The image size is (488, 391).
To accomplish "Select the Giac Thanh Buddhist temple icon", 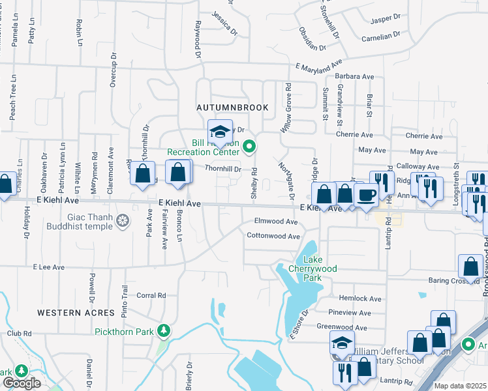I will pyautogui.click(x=122, y=222).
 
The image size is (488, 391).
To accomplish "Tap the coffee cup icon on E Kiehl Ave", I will pyautogui.click(x=366, y=194).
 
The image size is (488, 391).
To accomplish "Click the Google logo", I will pyautogui.click(x=22, y=383).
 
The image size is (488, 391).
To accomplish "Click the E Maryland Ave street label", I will pyautogui.click(x=318, y=66).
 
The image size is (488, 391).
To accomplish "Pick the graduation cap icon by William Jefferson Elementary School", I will pyautogui.click(x=342, y=342).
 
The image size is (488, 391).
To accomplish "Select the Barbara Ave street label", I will pyautogui.click(x=355, y=77).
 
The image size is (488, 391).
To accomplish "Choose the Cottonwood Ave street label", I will pyautogui.click(x=273, y=237).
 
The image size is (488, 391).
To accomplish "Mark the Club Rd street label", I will pyautogui.click(x=19, y=333).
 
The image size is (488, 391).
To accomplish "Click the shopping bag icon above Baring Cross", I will pyautogui.click(x=470, y=266).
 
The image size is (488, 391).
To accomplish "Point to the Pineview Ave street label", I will pyautogui.click(x=350, y=313).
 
